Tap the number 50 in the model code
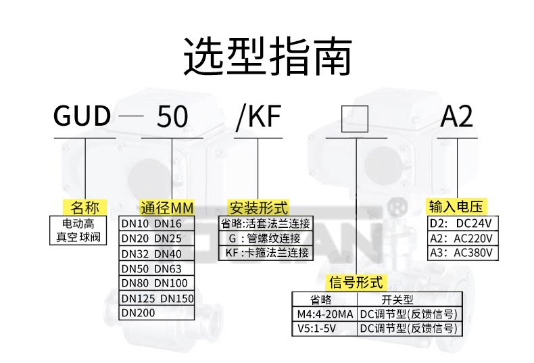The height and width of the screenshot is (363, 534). tap(172, 117)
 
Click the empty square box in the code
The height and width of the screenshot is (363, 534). tap(354, 118)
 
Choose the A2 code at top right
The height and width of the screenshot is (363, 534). tap(457, 117)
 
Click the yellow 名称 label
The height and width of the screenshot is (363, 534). tap(84, 207)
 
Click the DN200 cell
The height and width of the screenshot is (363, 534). tap(138, 313)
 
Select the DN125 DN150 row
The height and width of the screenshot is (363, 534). tap(157, 298)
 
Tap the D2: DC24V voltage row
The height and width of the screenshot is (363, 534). tap(463, 223)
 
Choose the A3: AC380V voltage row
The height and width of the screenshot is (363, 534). tap(463, 253)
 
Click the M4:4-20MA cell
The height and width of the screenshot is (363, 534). tap(324, 314)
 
